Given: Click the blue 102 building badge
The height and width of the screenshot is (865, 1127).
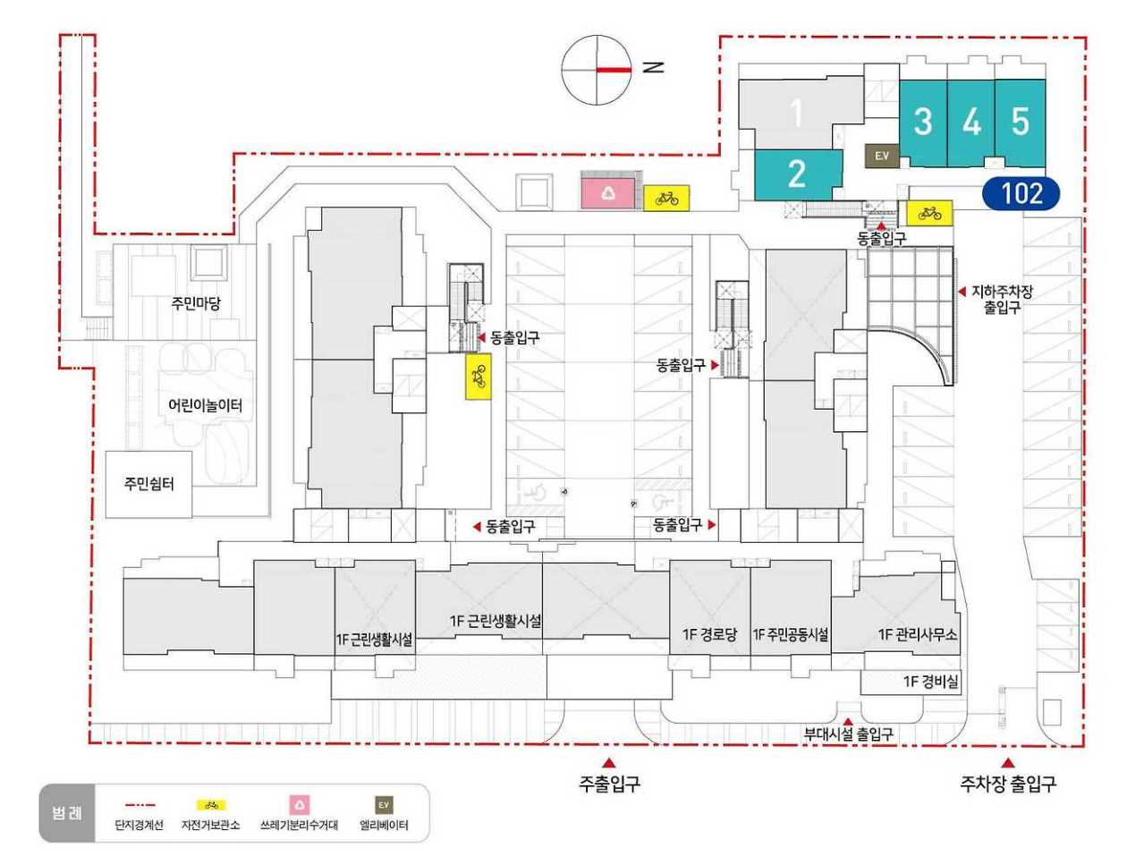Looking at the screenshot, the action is [x=1021, y=193].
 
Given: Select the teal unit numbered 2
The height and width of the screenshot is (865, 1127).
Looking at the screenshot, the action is [x=798, y=174].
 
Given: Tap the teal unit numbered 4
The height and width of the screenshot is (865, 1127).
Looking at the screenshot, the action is [x=971, y=123].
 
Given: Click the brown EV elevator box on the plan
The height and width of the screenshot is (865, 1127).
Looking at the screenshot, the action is [x=882, y=156].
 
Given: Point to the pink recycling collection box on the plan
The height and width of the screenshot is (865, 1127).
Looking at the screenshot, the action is [x=608, y=193].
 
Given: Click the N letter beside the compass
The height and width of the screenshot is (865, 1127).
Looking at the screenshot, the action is [x=654, y=67].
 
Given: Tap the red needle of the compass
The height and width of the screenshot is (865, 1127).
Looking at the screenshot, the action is [x=614, y=70].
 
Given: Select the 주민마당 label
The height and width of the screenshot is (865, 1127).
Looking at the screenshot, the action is [x=196, y=302].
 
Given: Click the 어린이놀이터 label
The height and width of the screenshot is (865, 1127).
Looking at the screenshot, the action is [x=206, y=404].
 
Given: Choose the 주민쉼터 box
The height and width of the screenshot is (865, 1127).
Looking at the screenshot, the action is [x=148, y=484].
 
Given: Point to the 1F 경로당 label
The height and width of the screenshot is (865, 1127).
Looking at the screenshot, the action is [x=709, y=634].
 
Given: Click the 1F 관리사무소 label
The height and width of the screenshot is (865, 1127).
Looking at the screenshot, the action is [x=917, y=634].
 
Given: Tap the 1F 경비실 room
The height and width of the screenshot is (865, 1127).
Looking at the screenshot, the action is [x=911, y=682].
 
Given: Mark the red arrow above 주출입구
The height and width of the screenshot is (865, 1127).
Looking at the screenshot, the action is [x=609, y=762].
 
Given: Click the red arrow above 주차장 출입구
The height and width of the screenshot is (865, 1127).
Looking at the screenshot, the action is [x=1008, y=762].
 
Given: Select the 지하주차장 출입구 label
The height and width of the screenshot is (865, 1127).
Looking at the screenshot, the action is [x=1002, y=300].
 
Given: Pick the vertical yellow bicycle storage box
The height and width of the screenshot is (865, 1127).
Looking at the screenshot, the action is [x=479, y=377].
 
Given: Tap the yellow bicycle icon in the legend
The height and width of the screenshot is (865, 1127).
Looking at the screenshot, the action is [x=210, y=805].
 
